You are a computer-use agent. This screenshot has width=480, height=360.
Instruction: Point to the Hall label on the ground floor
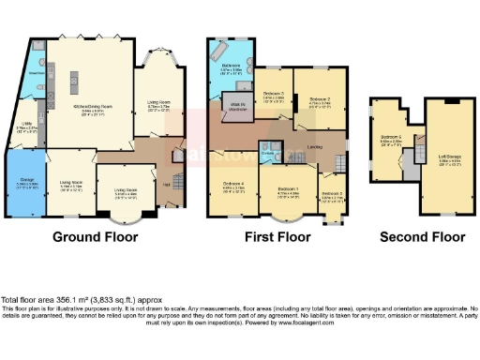166,186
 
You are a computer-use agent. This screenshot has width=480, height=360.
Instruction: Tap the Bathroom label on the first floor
231,67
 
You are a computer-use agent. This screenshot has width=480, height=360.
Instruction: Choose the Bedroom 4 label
234,185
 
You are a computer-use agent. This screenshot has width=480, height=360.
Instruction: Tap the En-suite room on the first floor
268,155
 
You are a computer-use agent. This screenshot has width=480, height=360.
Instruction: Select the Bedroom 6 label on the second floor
390,138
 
